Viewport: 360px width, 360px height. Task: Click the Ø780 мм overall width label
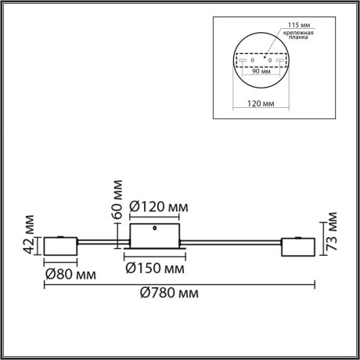167,293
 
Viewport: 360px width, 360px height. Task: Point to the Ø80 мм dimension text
70,275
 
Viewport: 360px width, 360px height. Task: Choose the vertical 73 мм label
332,230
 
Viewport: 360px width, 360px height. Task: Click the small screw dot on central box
157,230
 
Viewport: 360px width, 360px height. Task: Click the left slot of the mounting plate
243,59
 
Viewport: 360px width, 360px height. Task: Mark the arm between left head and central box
103,242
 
